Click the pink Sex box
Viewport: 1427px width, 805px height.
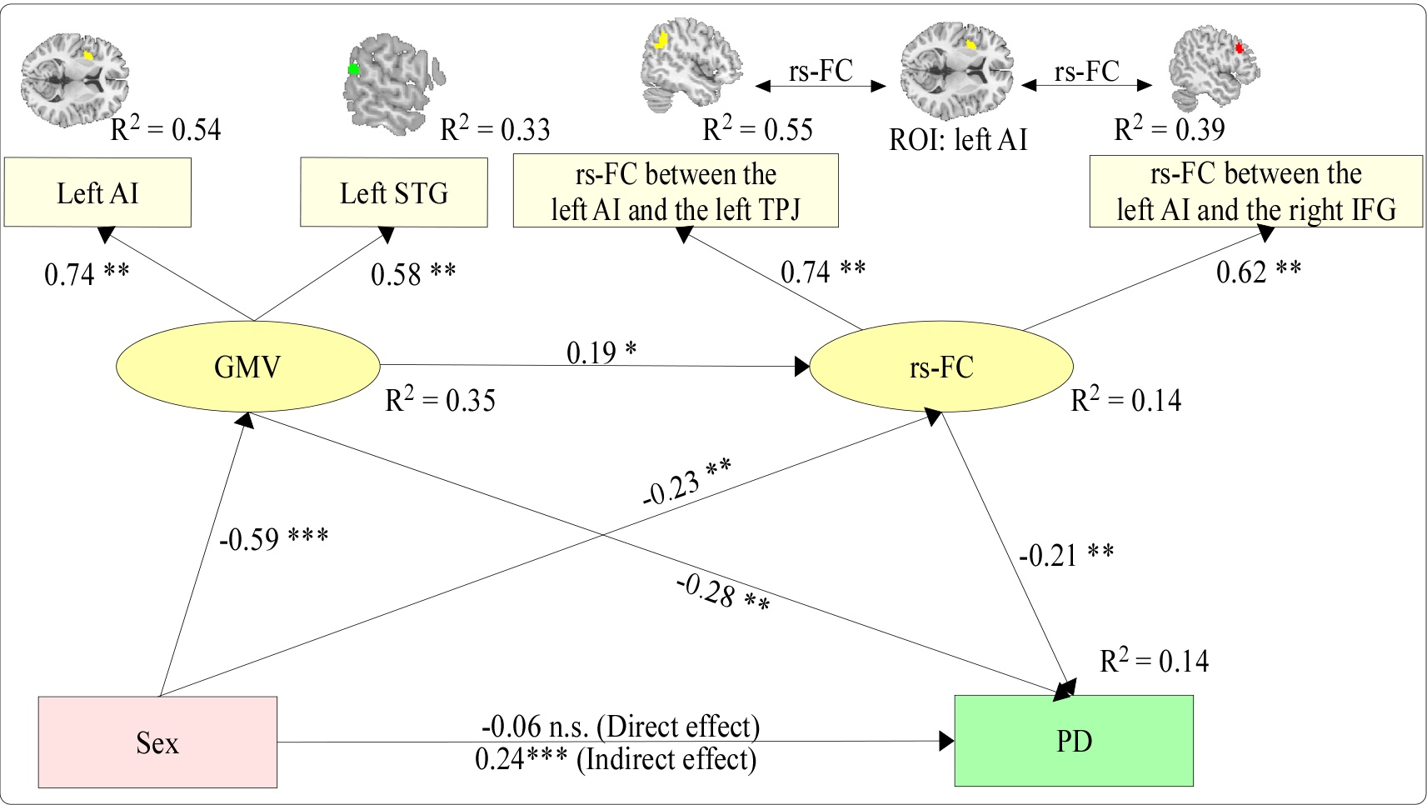pyautogui.click(x=157, y=742)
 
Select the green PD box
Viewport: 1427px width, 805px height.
pyautogui.click(x=1074, y=741)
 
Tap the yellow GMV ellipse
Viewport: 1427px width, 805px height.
pyautogui.click(x=247, y=367)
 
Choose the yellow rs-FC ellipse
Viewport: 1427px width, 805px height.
pyautogui.click(x=941, y=367)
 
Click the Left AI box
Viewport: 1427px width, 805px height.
pyautogui.click(x=97, y=192)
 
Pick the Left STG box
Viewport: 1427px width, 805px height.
pyautogui.click(x=393, y=192)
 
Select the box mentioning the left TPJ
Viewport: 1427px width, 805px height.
pyautogui.click(x=676, y=191)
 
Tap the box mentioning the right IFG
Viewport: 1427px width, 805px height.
pyautogui.click(x=1255, y=191)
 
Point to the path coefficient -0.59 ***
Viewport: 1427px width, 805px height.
pyautogui.click(x=273, y=538)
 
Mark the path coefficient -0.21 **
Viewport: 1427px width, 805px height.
pyautogui.click(x=1066, y=555)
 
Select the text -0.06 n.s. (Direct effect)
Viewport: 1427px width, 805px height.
pyautogui.click(x=621, y=727)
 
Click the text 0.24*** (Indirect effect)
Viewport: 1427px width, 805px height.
pyautogui.click(x=616, y=759)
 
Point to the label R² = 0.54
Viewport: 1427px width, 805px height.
pyautogui.click(x=166, y=129)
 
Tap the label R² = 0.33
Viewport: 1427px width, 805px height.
pyautogui.click(x=495, y=129)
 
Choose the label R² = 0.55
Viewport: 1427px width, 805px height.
pyautogui.click(x=757, y=129)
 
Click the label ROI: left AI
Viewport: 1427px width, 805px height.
pyautogui.click(x=958, y=139)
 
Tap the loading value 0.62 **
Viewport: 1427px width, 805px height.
pyautogui.click(x=1259, y=272)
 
